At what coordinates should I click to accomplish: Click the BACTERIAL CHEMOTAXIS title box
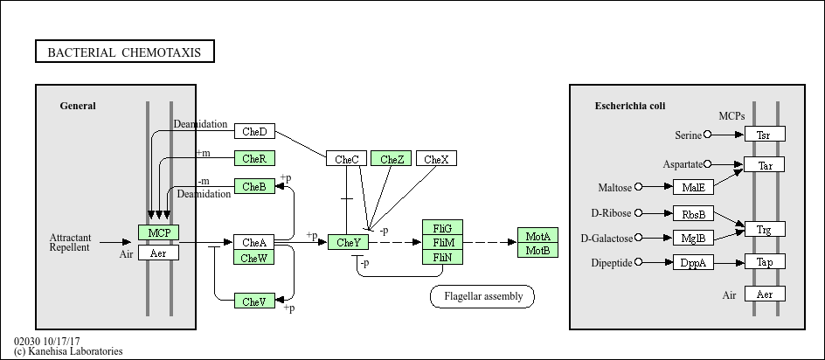click(125, 52)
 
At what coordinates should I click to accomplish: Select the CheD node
click(254, 131)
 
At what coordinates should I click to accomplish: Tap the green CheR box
click(254, 158)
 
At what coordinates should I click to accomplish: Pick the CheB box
click(254, 186)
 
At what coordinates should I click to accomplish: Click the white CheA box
click(254, 242)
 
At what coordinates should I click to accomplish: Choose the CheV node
click(254, 301)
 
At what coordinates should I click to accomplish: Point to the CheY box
click(349, 242)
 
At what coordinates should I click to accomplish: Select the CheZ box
click(392, 158)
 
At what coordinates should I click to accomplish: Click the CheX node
click(437, 158)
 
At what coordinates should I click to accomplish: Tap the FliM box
click(443, 242)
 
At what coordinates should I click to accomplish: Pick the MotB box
click(537, 251)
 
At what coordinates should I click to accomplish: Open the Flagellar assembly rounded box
click(482, 296)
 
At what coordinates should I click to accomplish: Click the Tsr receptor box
click(765, 135)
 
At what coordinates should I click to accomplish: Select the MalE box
click(693, 187)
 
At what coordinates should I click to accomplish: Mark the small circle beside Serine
click(707, 135)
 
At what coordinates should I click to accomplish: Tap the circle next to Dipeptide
click(639, 261)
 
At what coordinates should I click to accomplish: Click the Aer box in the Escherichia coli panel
click(765, 294)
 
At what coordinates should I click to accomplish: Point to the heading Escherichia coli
click(630, 106)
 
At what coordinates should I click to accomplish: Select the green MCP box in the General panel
click(159, 232)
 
